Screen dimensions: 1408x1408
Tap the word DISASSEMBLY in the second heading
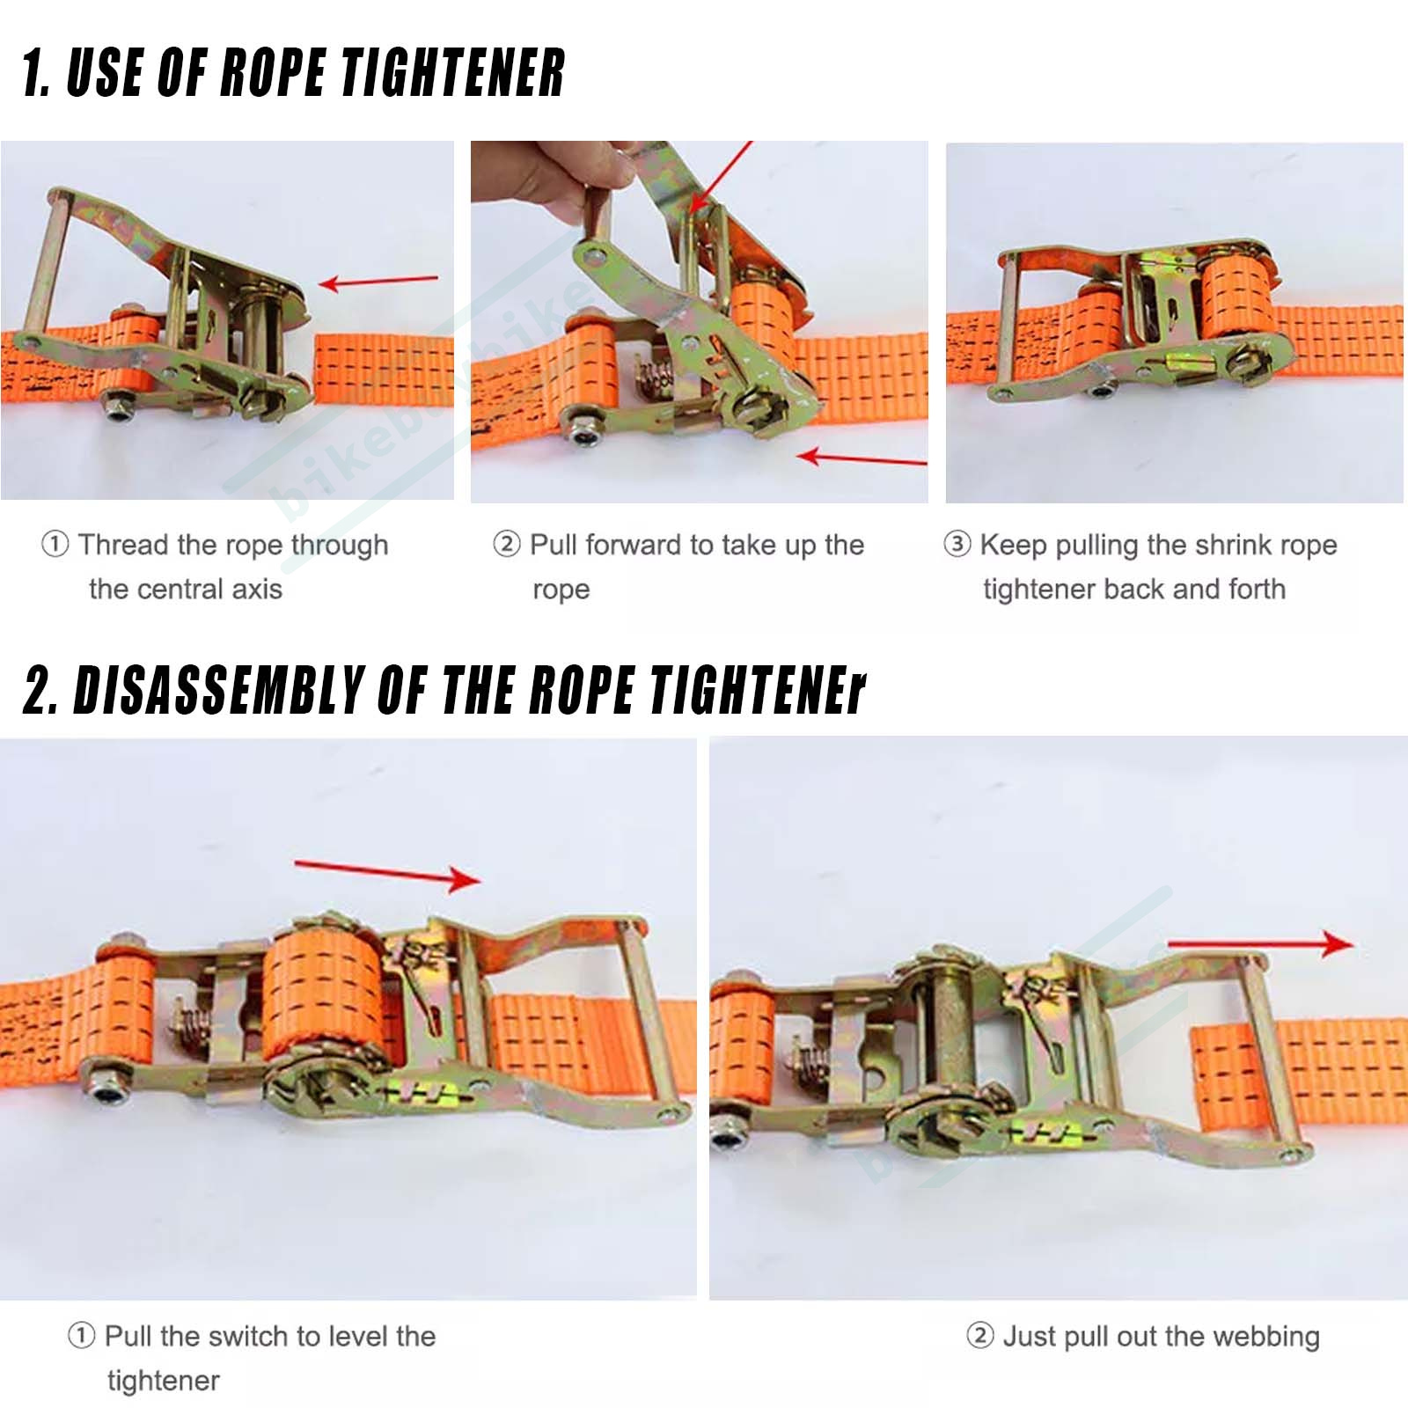click(x=219, y=689)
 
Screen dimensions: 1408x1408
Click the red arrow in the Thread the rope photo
click(x=378, y=282)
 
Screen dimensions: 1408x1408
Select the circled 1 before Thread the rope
click(x=55, y=544)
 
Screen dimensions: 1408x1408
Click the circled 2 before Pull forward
click(x=507, y=544)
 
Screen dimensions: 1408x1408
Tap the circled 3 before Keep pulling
click(x=957, y=544)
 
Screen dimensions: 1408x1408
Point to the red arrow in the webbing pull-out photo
click(x=1260, y=944)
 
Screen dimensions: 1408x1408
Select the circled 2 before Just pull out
click(x=980, y=1335)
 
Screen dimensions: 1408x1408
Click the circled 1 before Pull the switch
click(x=81, y=1335)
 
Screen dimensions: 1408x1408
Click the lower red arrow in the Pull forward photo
click(x=862, y=458)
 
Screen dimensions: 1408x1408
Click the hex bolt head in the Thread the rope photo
click(x=118, y=405)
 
